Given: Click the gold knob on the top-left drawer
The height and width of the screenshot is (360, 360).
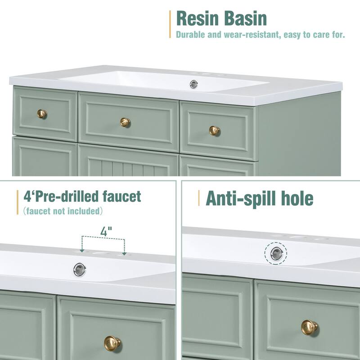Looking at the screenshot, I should [x=42, y=113].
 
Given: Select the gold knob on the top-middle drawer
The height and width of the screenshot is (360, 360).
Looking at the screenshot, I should [x=125, y=122].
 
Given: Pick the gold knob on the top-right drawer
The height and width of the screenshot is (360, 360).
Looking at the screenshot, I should [x=214, y=130].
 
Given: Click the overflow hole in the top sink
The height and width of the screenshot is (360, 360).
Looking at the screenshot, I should [x=194, y=84].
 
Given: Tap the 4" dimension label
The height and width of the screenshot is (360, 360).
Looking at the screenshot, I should [x=106, y=233].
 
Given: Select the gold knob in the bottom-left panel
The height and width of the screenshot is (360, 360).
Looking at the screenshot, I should [x=112, y=343].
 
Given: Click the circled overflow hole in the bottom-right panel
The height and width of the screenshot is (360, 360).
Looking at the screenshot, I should [x=275, y=254].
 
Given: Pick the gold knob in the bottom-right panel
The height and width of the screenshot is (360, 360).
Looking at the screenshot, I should [x=309, y=327].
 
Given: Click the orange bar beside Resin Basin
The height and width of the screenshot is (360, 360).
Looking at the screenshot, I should [x=170, y=24].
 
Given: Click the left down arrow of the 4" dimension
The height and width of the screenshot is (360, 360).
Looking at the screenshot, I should [x=82, y=249].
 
